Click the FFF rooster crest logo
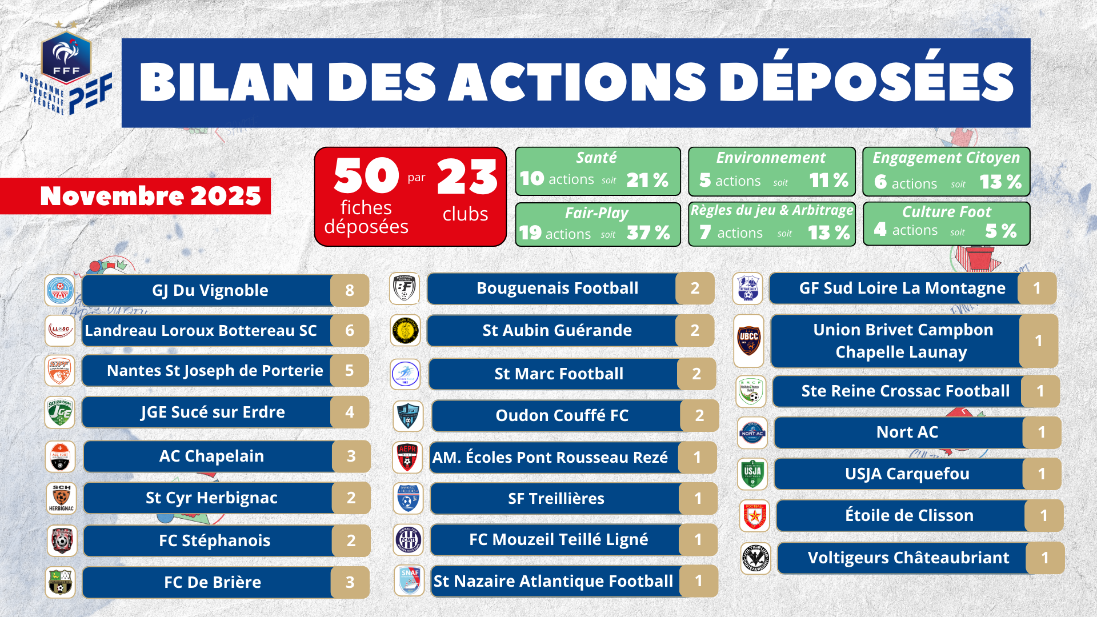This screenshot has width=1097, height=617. (x=66, y=57)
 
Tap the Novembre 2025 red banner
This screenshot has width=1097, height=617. (x=150, y=196)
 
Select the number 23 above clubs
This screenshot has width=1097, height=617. (x=467, y=177)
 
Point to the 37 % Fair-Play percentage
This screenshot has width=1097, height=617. (x=648, y=233)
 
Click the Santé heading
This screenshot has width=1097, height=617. (x=596, y=158)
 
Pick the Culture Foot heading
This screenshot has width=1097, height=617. (x=946, y=212)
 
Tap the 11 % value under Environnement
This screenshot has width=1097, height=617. (x=828, y=181)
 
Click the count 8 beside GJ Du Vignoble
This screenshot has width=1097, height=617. (x=350, y=290)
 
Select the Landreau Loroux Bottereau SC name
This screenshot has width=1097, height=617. (x=201, y=330)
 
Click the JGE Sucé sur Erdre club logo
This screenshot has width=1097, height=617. (x=60, y=412)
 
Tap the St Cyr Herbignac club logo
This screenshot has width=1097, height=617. (x=61, y=498)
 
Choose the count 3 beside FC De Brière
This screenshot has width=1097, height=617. (x=350, y=582)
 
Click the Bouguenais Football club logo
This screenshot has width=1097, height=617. (x=405, y=289)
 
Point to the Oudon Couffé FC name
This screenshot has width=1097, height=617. (x=562, y=415)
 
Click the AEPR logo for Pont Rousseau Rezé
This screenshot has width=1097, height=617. (x=407, y=457)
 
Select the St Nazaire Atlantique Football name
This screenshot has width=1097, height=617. (x=553, y=581)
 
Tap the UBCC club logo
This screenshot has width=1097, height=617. (x=748, y=340)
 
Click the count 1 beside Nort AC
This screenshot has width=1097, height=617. (x=1042, y=432)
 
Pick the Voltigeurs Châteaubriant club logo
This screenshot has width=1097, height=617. (x=755, y=558)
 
